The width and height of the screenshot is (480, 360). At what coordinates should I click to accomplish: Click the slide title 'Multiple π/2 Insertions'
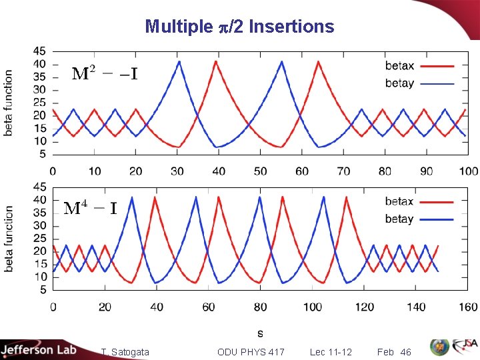pyautogui.click(x=239, y=26)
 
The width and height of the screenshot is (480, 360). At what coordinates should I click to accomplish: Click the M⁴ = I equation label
pyautogui.click(x=91, y=209)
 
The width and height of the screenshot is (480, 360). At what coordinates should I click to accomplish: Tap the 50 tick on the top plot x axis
pyautogui.click(x=261, y=171)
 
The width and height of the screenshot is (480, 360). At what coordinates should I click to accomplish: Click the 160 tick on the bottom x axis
pyautogui.click(x=469, y=307)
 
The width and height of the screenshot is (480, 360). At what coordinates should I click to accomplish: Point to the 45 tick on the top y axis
pyautogui.click(x=39, y=51)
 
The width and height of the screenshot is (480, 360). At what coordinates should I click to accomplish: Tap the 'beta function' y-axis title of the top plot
pyautogui.click(x=9, y=103)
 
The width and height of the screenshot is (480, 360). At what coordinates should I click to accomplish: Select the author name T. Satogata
pyautogui.click(x=125, y=352)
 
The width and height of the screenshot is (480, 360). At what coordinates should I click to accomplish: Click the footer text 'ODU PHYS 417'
pyautogui.click(x=251, y=352)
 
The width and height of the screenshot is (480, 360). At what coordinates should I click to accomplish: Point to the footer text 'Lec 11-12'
pyautogui.click(x=331, y=352)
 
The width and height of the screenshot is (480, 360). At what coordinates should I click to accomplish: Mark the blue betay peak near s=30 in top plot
pyautogui.click(x=179, y=61)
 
